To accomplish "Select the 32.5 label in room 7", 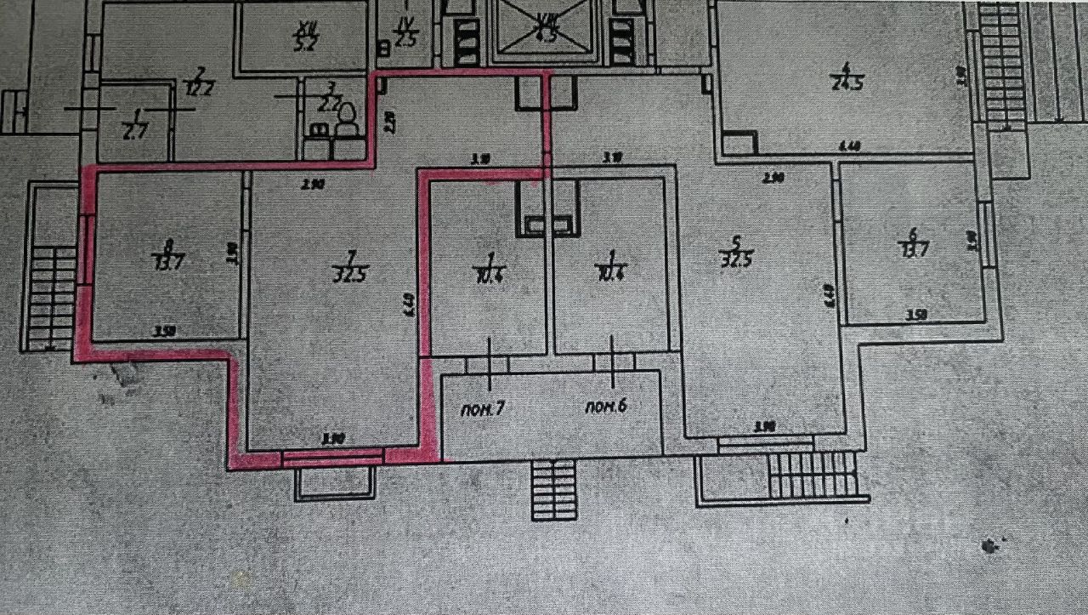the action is click(350, 276).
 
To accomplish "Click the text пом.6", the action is click(605, 406).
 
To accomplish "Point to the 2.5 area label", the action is click(405, 38).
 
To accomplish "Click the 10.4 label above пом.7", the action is click(489, 276).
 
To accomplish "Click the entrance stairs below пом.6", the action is click(553, 489).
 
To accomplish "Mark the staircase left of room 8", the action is click(52, 298).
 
